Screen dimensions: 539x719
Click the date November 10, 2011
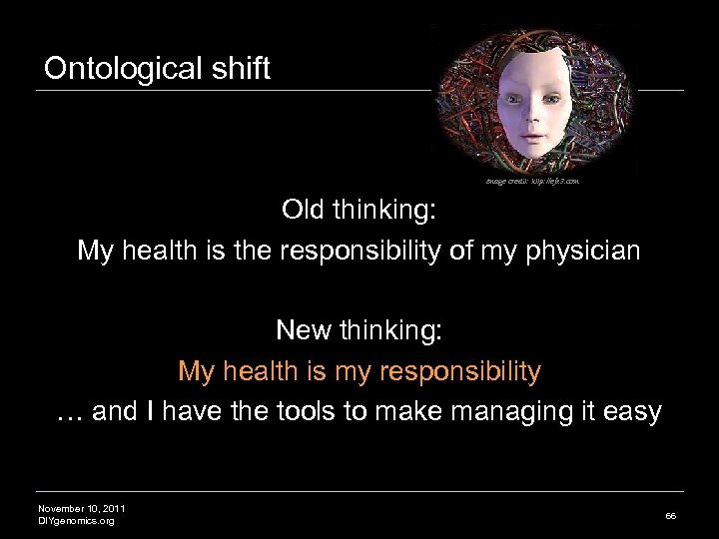(x=82, y=509)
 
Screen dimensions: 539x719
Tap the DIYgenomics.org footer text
(x=76, y=521)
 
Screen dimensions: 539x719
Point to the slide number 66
(x=670, y=515)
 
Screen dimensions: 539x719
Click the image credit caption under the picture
(x=532, y=182)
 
